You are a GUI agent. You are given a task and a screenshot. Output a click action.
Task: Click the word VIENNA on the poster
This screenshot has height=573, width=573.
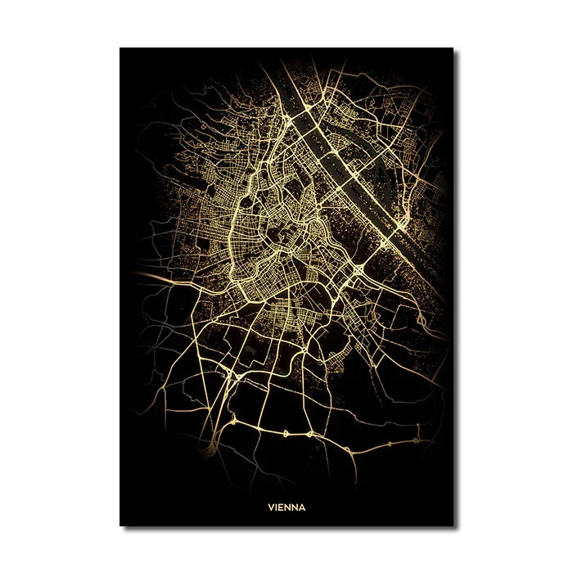click(286, 507)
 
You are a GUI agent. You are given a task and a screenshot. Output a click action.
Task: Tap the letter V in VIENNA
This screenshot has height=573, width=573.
click(271, 507)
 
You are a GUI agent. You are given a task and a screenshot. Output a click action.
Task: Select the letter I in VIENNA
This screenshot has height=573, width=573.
click(277, 507)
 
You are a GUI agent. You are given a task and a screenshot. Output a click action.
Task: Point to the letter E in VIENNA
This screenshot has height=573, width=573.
click(282, 507)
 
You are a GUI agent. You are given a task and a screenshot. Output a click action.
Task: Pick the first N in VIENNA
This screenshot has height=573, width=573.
click(288, 507)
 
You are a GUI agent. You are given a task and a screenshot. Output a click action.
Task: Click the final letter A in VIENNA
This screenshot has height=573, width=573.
click(302, 507)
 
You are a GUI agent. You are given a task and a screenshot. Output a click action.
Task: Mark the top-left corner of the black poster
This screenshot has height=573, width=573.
click(120, 48)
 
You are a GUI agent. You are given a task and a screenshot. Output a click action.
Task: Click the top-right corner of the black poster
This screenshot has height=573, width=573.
click(453, 48)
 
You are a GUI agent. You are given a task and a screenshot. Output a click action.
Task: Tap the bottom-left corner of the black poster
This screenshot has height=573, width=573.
click(120, 526)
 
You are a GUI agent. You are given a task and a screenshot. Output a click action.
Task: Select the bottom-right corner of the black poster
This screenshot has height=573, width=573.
click(453, 526)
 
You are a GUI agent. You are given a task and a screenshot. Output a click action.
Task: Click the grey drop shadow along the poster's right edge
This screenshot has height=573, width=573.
click(457, 286)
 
